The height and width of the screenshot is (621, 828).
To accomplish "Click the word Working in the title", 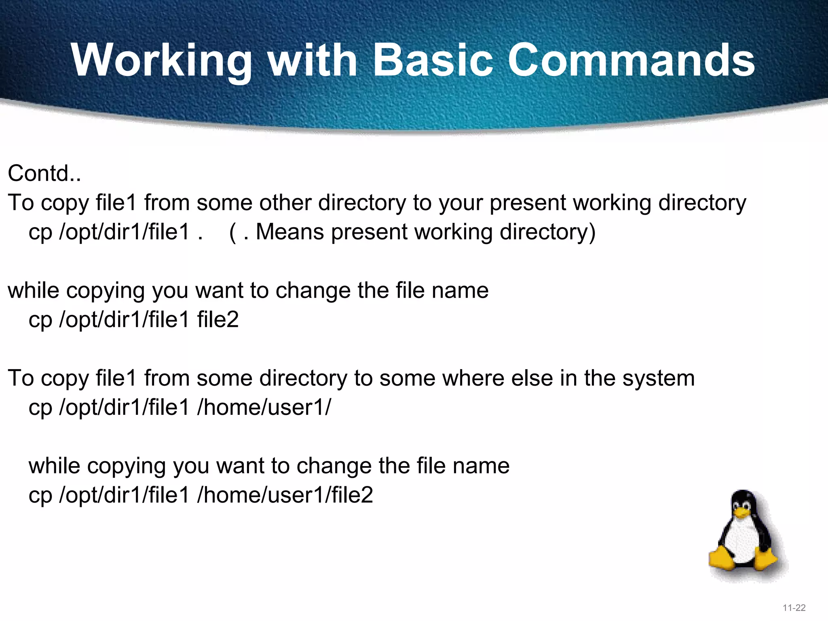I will tap(162, 61).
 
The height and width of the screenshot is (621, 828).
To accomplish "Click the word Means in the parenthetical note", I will tap(289, 232).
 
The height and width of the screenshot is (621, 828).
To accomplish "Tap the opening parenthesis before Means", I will tap(233, 232).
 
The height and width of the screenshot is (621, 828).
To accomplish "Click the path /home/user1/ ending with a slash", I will tap(264, 407).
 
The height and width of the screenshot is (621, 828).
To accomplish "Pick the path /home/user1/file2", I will tap(285, 495).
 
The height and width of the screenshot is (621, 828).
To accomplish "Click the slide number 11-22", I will tap(794, 608).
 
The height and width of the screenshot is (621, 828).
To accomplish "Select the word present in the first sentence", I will tap(528, 203).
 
